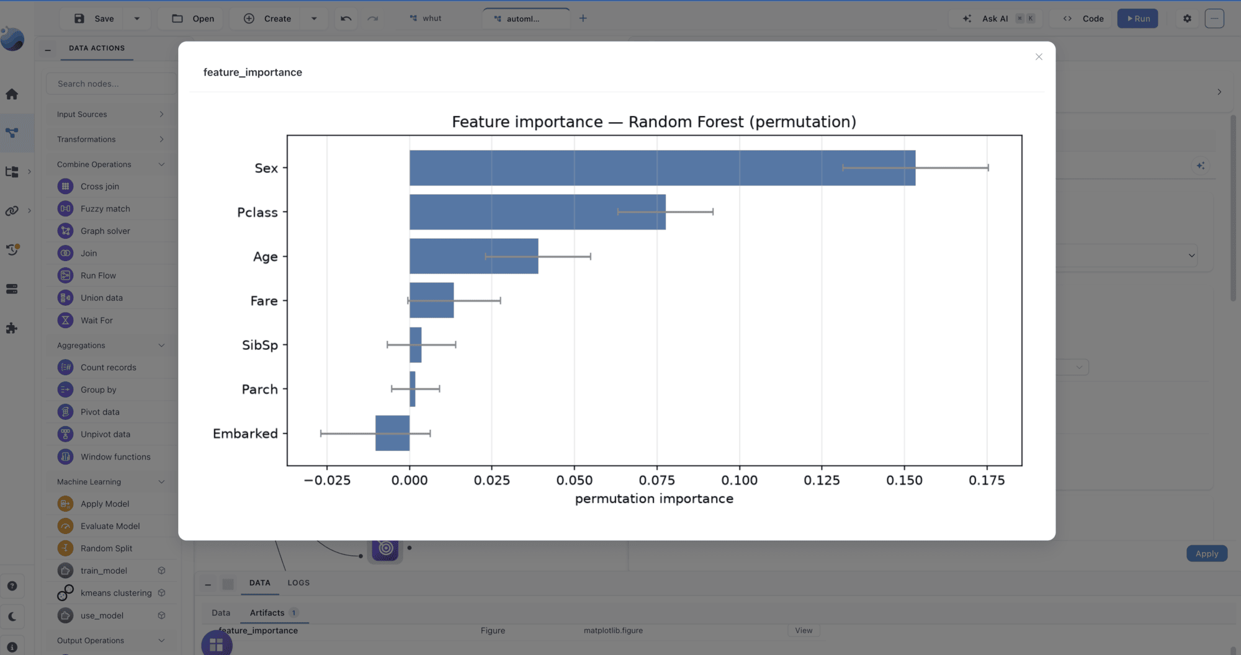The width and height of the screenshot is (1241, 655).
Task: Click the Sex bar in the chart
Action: click(662, 167)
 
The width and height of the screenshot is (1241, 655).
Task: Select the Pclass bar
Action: click(537, 212)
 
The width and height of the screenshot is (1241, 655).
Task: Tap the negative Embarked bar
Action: click(392, 433)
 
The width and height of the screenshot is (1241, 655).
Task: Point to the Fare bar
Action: click(431, 300)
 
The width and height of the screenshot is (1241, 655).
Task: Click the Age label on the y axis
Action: click(265, 257)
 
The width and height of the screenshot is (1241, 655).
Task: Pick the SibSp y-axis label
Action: click(260, 345)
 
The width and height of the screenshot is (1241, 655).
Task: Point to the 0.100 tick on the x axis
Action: click(739, 480)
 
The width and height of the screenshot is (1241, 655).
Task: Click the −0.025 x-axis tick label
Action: click(327, 480)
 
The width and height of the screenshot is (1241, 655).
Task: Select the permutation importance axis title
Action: click(654, 499)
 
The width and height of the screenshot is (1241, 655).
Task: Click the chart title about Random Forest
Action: click(654, 122)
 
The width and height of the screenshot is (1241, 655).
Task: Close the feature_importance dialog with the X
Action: click(1039, 57)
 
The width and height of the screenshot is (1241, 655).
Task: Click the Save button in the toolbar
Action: click(94, 19)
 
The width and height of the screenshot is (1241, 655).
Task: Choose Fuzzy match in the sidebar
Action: click(105, 208)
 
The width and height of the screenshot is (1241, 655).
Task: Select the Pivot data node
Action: click(99, 412)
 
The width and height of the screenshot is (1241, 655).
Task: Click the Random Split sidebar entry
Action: click(106, 548)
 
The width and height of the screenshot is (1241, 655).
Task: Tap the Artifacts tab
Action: click(267, 613)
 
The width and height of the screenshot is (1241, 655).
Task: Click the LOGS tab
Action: click(298, 583)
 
